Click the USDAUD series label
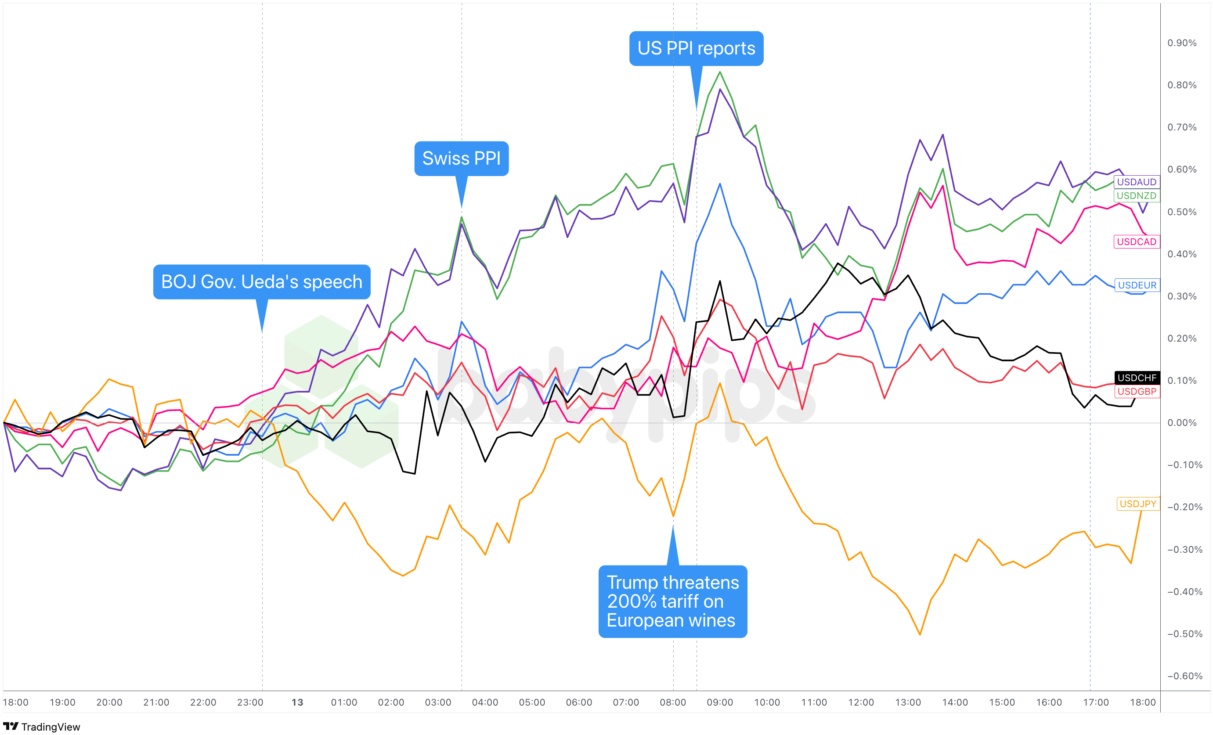1136,182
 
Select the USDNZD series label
1136,195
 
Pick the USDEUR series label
1137,285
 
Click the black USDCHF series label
1137,378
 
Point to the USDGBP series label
1137,391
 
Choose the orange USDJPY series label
1137,504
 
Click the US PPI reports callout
696,48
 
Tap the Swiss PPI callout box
461,159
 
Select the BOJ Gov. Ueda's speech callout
261,281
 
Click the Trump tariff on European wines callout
672,601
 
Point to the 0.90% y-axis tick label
1181,43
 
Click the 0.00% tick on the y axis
1181,423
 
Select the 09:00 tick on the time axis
720,703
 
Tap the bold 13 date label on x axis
297,703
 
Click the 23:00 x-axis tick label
250,703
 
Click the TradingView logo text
50,727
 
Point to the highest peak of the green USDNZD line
720,72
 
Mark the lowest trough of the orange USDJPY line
920,634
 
